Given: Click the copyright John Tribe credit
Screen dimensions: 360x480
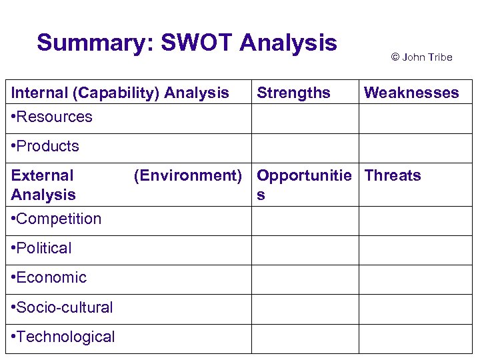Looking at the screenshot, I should pyautogui.click(x=421, y=57).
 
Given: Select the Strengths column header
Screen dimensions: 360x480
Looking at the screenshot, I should pyautogui.click(x=293, y=93).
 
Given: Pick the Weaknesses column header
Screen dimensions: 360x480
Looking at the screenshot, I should pyautogui.click(x=411, y=93).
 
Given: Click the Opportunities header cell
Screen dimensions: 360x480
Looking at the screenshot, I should pyautogui.click(x=304, y=184).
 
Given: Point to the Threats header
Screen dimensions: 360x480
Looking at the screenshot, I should pyautogui.click(x=393, y=175).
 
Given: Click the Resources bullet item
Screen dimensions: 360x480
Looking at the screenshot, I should pyautogui.click(x=52, y=117).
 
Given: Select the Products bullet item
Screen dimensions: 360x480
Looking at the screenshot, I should pyautogui.click(x=45, y=146).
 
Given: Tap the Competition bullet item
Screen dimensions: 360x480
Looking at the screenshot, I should pyautogui.click(x=57, y=219).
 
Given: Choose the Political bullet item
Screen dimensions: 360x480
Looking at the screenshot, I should pyautogui.click(x=41, y=248).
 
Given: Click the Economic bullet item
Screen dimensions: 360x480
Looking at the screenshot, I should pyautogui.click(x=49, y=277).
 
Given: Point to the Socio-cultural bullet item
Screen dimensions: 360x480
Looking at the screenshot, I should pyautogui.click(x=62, y=307).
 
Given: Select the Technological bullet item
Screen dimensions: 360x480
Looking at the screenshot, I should pyautogui.click(x=63, y=337).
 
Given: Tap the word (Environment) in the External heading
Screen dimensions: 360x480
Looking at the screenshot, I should pyautogui.click(x=187, y=175).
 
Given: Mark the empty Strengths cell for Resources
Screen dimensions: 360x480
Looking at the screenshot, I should pyautogui.click(x=305, y=119).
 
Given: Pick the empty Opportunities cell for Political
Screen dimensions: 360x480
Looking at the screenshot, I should pyautogui.click(x=305, y=250).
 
